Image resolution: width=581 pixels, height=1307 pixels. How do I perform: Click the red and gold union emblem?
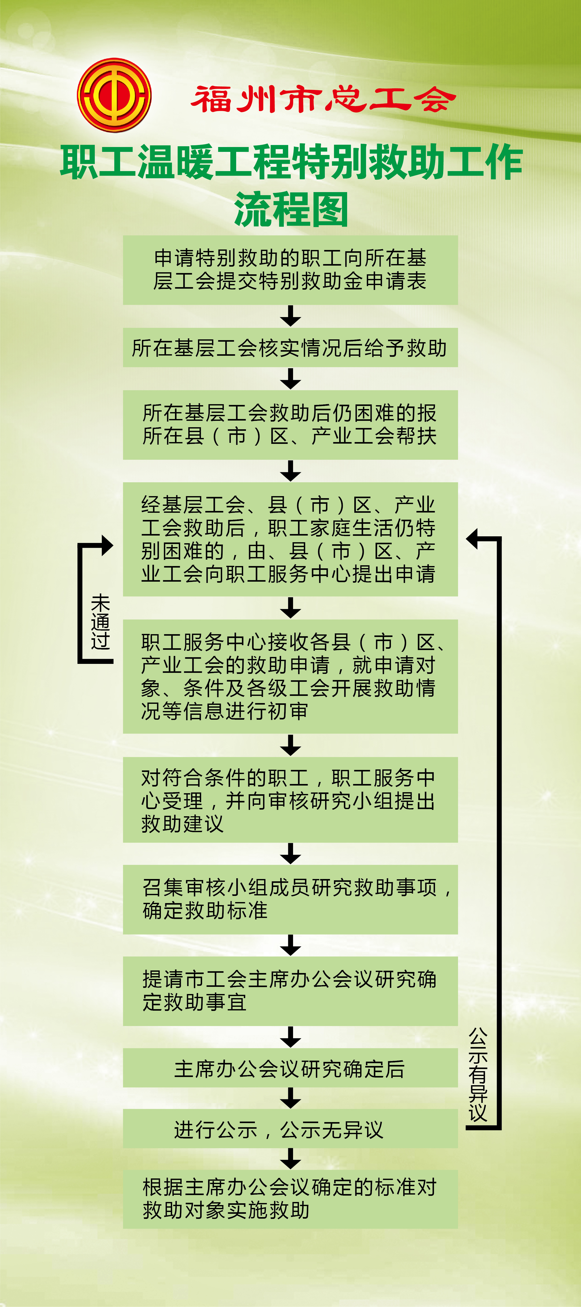coord(114,95)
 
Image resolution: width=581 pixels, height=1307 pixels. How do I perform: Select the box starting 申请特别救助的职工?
coord(290,270)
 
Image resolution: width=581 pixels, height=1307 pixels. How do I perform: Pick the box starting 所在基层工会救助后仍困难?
coord(290,425)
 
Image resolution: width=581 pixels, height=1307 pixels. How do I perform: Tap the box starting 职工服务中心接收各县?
coord(290,676)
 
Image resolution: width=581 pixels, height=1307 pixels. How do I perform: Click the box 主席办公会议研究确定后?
coord(290,1069)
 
